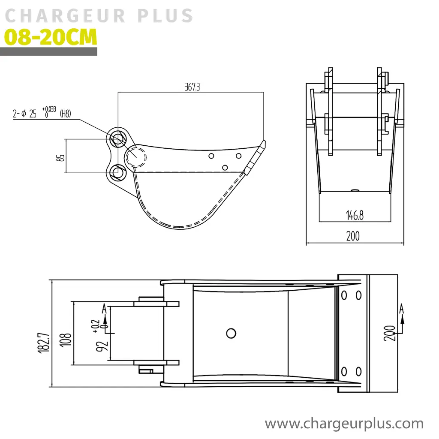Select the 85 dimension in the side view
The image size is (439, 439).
pyautogui.click(x=61, y=157)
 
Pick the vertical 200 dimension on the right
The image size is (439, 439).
pyautogui.click(x=390, y=333)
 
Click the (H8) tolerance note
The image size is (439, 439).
pyautogui.click(x=65, y=114)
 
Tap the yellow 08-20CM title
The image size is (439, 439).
pyautogui.click(x=51, y=37)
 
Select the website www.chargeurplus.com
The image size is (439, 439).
pyautogui.click(x=344, y=424)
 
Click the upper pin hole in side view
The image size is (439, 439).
pyautogui.click(x=117, y=138)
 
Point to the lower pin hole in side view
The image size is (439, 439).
pyautogui.click(x=117, y=172)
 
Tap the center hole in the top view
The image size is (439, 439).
pyautogui.click(x=231, y=333)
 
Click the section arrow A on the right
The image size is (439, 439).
pyautogui.click(x=401, y=308)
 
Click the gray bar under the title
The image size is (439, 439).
pyautogui.click(x=48, y=51)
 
